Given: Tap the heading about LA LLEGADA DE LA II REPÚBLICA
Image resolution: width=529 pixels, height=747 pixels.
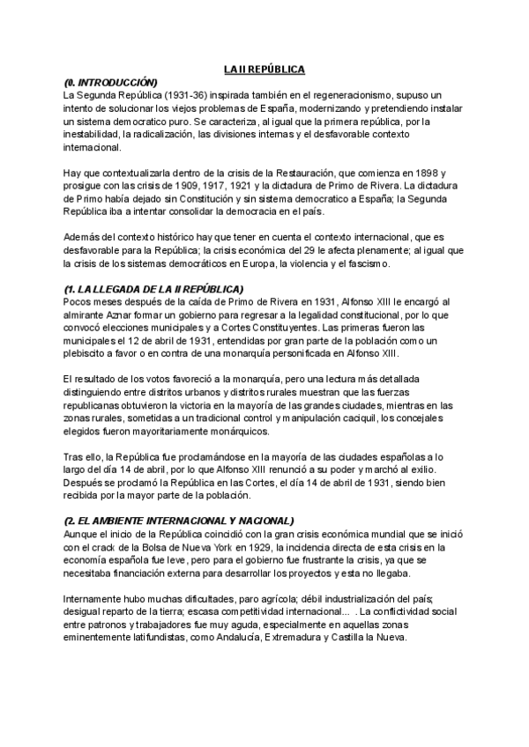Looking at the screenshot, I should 153,290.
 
